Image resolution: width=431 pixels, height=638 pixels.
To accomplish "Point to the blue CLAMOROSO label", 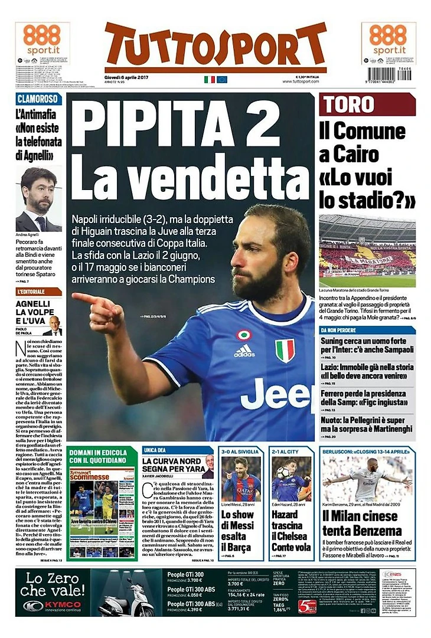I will (38, 99).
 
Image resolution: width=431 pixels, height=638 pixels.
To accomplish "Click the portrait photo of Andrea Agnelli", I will (38, 199).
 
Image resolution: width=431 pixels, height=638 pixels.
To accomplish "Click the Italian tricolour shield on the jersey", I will (285, 349).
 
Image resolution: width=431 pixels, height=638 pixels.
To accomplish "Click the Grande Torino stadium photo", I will (367, 250).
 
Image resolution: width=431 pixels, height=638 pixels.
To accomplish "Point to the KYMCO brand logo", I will (53, 606).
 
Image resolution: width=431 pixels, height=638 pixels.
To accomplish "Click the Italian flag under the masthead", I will (209, 79).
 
